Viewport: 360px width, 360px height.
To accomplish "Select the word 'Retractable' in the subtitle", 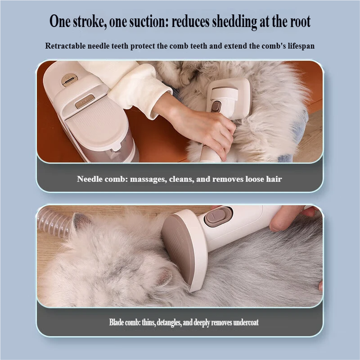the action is click(65, 46).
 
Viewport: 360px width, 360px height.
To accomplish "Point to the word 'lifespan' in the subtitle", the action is click(301, 46).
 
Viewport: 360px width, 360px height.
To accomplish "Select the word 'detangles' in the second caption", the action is click(169, 323).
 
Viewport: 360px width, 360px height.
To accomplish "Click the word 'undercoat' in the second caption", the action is click(246, 322).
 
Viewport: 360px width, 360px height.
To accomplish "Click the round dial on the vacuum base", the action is click(70, 80).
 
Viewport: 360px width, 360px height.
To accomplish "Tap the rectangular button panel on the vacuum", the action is click(85, 101).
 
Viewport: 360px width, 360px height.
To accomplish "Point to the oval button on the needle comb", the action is click(216, 106).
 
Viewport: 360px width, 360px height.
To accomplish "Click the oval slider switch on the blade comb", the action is click(218, 217).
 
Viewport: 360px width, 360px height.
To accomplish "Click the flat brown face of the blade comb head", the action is click(177, 249).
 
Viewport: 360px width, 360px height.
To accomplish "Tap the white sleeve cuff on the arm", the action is click(140, 92).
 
